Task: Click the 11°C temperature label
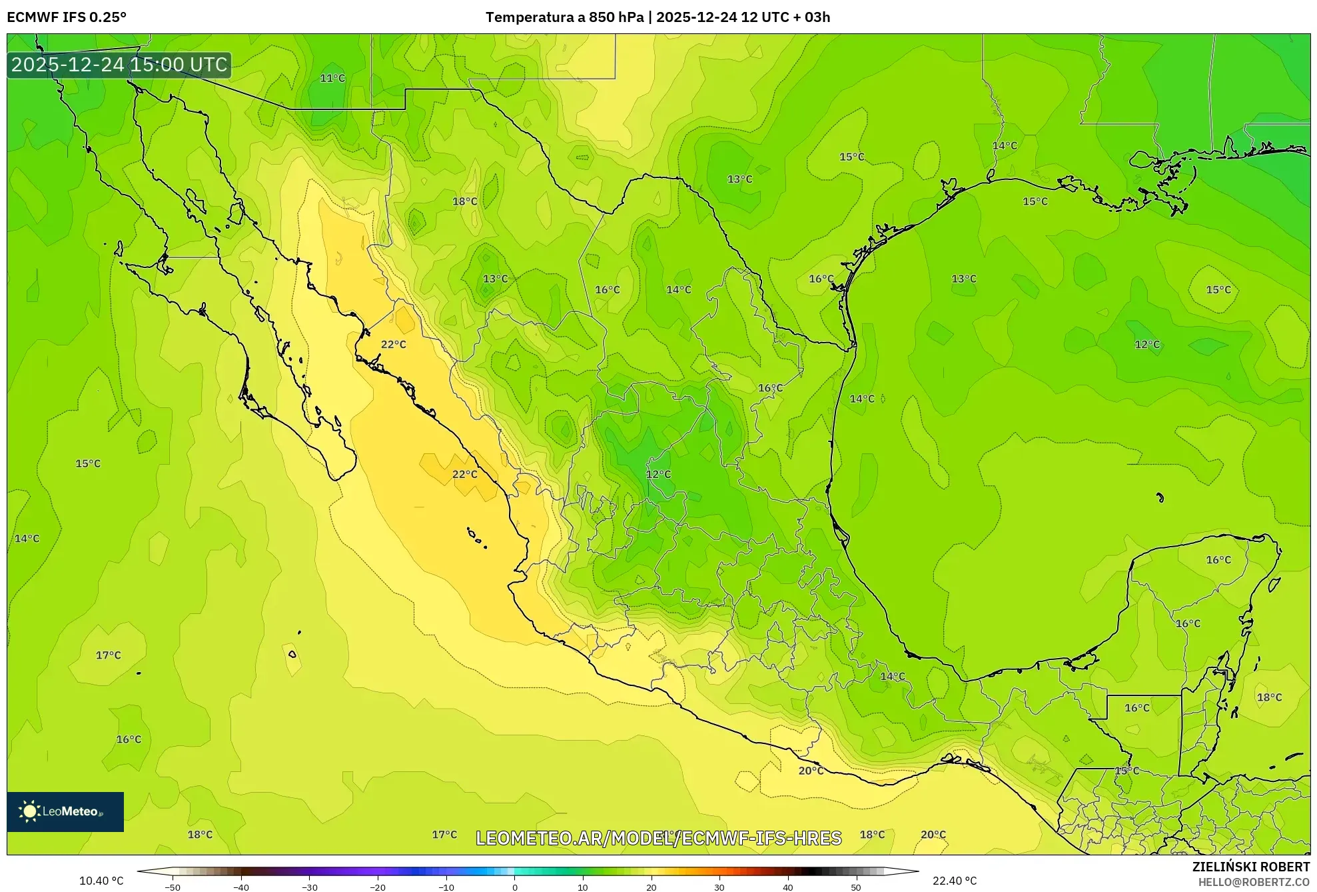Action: (x=332, y=78)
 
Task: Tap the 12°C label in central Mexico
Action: (x=658, y=474)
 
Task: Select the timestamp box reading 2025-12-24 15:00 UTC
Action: (x=119, y=65)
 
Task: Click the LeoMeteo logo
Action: (x=65, y=811)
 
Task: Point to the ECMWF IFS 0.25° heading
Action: (x=67, y=17)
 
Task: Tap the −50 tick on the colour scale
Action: (x=173, y=887)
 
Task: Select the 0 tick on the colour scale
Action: (x=515, y=887)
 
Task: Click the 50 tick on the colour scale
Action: (x=856, y=887)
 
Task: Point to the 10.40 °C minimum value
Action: (x=101, y=881)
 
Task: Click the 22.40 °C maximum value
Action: (x=955, y=881)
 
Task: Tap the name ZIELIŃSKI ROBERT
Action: (x=1250, y=867)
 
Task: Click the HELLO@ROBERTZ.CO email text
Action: (x=1254, y=882)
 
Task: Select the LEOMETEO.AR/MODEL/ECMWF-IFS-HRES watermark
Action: (x=658, y=838)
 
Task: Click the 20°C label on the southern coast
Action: (x=811, y=771)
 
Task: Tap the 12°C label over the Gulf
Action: (x=1147, y=344)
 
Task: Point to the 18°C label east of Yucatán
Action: (x=1269, y=697)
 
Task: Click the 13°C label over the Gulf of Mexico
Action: (x=963, y=279)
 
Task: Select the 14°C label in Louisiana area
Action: (x=1005, y=145)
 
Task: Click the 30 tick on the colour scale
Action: (x=719, y=887)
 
